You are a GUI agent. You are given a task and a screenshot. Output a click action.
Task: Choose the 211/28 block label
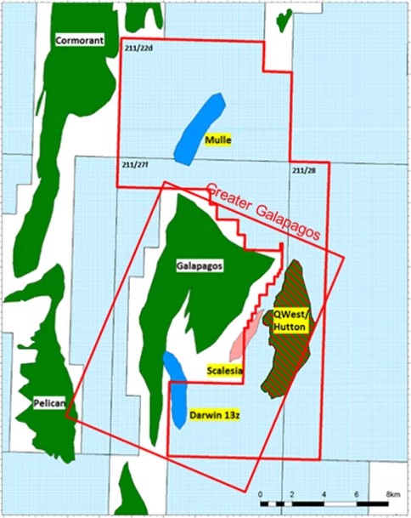[x=303, y=171]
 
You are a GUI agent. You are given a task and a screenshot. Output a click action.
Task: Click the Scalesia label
[x=226, y=370]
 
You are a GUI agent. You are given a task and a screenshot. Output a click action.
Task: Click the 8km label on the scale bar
[x=391, y=494]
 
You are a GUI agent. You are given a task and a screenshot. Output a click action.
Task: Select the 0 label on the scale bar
[x=261, y=494]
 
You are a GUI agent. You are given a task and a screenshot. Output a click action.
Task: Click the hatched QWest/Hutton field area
[x=293, y=366]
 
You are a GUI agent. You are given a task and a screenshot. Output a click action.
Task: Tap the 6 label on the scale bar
[x=357, y=494]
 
